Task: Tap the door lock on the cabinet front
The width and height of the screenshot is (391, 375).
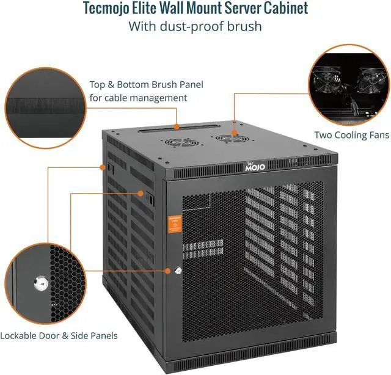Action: pos(178,270)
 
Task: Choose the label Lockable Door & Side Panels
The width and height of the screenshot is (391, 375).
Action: pos(59,335)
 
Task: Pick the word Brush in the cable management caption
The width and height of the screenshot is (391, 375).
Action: pos(173,85)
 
